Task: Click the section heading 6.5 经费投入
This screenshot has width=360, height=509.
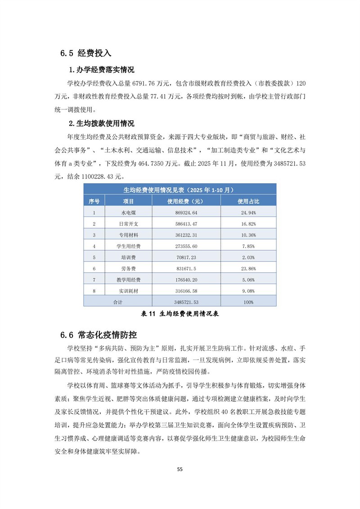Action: tap(85, 53)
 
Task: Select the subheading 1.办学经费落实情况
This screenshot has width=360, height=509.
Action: tap(102, 70)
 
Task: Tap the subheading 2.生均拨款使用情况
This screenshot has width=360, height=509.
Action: tap(102, 123)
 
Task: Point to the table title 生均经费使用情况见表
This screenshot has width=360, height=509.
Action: tap(179, 189)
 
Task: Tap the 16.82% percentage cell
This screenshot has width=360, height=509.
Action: tap(248, 224)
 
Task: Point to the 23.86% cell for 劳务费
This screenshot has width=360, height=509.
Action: tap(248, 269)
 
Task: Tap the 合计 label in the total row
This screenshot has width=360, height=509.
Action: tap(117, 302)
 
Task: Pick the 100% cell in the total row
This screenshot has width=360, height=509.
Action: tap(248, 302)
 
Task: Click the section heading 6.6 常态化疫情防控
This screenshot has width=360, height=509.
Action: tap(98, 335)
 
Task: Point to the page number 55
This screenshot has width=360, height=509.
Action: tap(180, 469)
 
